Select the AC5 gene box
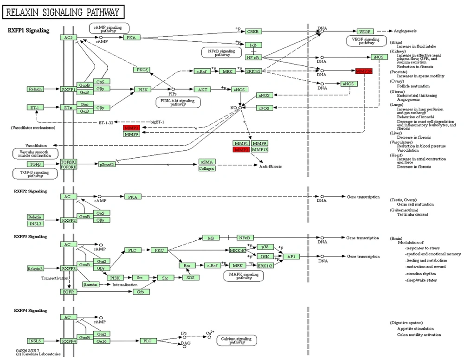(x=68, y=38)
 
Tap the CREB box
(x=254, y=32)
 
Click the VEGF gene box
(x=365, y=32)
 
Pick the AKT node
(x=201, y=90)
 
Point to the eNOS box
(x=240, y=90)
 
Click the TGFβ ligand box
(x=35, y=164)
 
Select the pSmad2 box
(x=106, y=164)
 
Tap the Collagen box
(x=206, y=168)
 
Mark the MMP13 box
(x=260, y=150)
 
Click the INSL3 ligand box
(x=35, y=224)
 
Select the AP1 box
(x=291, y=257)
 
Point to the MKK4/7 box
(x=238, y=251)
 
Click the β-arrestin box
(x=90, y=284)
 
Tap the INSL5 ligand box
(x=35, y=341)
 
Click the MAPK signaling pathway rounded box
(x=243, y=276)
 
